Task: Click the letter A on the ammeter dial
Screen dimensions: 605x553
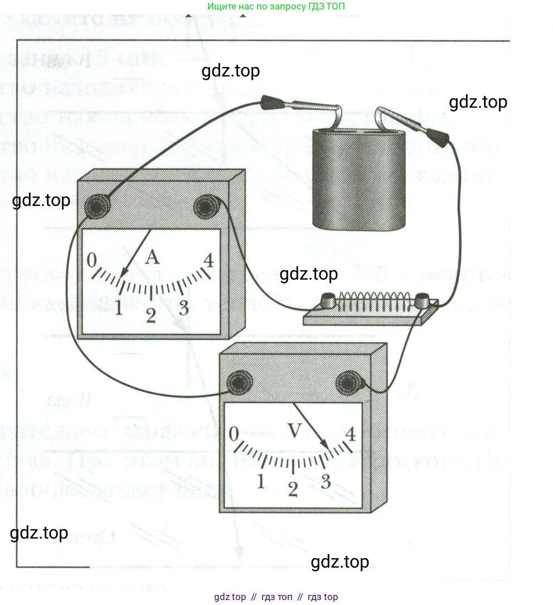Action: coord(152,258)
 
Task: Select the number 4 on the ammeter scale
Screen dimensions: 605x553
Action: coord(208,260)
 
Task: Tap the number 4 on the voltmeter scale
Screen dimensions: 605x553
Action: coord(351,433)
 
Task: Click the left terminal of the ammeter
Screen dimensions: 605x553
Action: coord(96,207)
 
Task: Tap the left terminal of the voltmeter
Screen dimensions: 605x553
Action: coord(239,382)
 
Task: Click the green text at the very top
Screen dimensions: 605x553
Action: coord(276,7)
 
